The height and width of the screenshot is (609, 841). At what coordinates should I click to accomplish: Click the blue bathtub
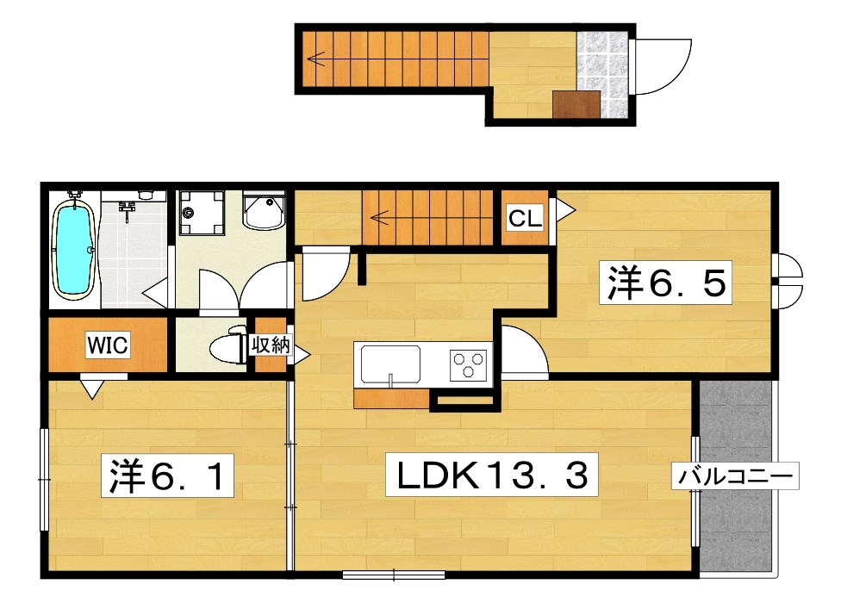[74, 246]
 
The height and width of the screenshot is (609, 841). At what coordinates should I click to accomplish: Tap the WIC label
[108, 345]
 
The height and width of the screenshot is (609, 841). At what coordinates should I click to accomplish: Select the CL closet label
[525, 219]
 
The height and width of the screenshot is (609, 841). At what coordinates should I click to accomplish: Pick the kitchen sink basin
[390, 364]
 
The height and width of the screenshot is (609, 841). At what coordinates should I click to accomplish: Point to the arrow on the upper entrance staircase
[316, 59]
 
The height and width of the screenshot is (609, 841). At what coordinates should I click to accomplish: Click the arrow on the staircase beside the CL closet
[380, 218]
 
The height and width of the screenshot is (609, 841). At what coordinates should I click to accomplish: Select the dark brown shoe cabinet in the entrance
[577, 104]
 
